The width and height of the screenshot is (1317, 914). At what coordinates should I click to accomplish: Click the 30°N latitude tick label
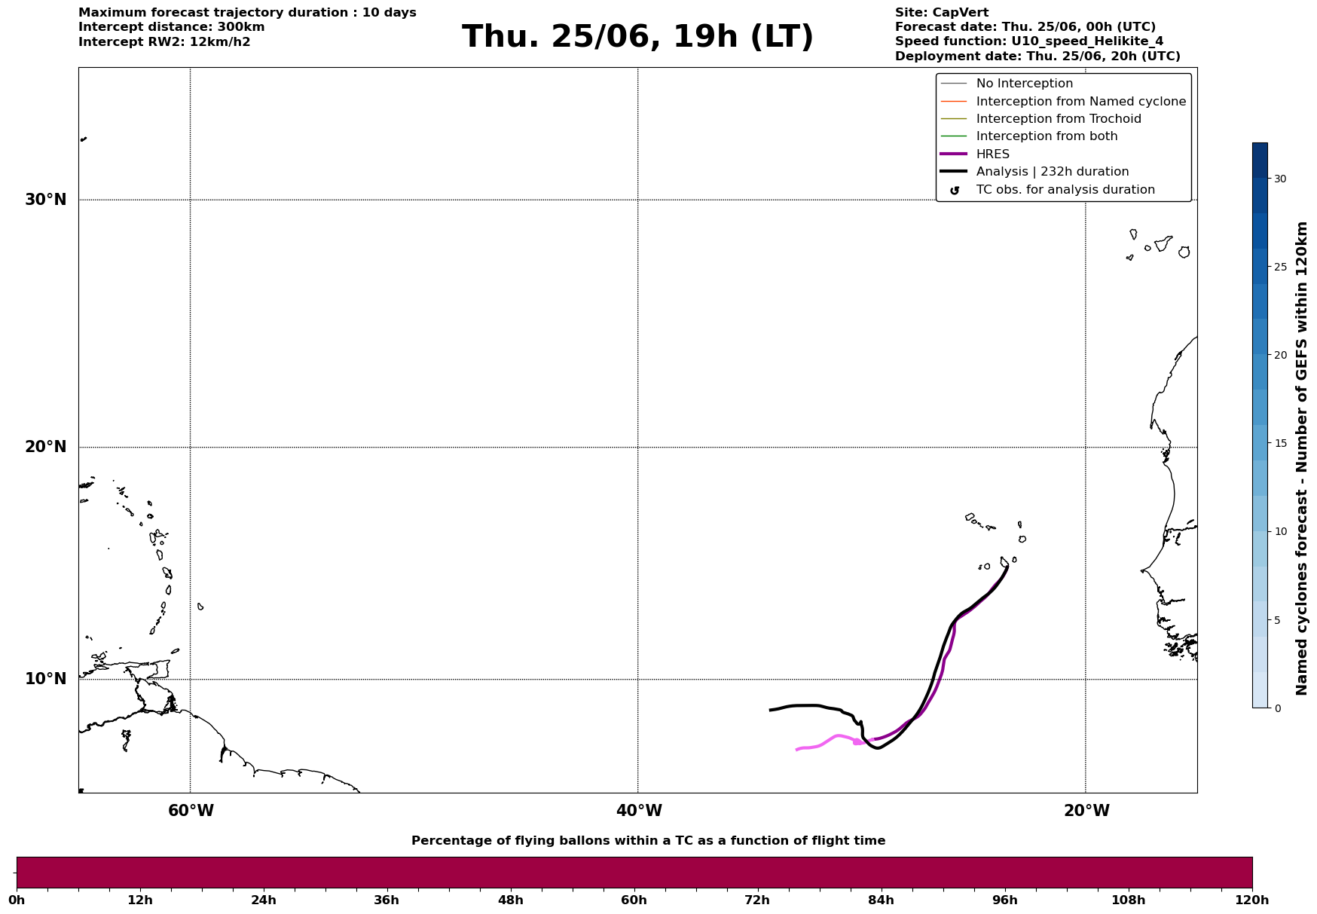coord(46,200)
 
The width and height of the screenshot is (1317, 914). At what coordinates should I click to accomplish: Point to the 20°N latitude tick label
coord(46,447)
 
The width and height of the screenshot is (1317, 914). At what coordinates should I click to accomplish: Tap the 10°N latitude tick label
coord(46,679)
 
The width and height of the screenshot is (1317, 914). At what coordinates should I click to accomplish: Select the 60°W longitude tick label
coord(191,811)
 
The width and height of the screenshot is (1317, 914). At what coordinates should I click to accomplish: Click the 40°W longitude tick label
coord(639,811)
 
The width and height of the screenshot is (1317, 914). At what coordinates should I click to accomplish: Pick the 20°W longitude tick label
coord(1086,811)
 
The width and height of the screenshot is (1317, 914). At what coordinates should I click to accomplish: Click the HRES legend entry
coord(975,154)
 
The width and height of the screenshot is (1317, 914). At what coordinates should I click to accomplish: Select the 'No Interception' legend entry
coord(1007,84)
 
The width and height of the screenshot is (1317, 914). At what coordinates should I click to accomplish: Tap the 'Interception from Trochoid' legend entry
coord(1040,119)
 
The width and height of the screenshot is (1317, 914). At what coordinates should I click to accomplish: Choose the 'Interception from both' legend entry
coord(1029,136)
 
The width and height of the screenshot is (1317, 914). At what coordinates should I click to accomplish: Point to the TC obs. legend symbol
coord(955,191)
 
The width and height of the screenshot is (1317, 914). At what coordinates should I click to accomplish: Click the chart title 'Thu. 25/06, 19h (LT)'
coord(637,37)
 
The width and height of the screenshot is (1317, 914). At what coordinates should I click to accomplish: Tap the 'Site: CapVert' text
coord(942,13)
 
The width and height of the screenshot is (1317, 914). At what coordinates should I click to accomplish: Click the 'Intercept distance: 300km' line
coord(172,27)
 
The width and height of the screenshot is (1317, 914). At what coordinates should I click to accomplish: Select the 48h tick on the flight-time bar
coord(511,900)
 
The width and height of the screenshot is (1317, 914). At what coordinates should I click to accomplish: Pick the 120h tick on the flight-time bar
coord(1252,900)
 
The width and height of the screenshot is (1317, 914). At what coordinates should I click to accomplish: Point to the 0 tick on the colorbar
coord(1277,708)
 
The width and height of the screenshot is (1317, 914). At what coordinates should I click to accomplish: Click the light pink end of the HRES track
coord(797,750)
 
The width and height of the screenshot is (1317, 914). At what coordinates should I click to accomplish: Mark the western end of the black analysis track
coord(770,710)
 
